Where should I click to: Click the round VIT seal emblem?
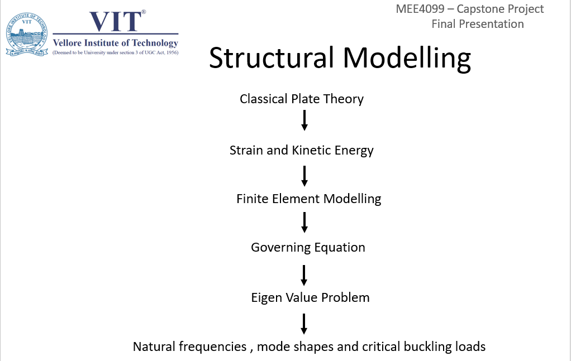point(27,35)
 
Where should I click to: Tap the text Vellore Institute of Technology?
point(115,43)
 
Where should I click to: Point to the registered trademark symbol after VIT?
point(144,12)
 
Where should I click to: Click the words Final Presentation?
point(477,24)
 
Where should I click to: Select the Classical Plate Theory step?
point(302,99)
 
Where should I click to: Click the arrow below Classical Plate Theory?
point(304,121)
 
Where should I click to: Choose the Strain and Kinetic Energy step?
point(302,150)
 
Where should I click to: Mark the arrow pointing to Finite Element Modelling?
point(304,175)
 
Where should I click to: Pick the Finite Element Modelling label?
point(308,199)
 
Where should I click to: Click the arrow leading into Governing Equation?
point(304,222)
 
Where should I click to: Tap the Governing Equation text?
point(308,247)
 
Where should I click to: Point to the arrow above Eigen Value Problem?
point(304,275)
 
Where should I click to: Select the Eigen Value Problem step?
point(310,297)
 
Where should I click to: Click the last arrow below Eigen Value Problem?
point(304,324)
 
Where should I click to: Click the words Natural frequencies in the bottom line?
point(189,346)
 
